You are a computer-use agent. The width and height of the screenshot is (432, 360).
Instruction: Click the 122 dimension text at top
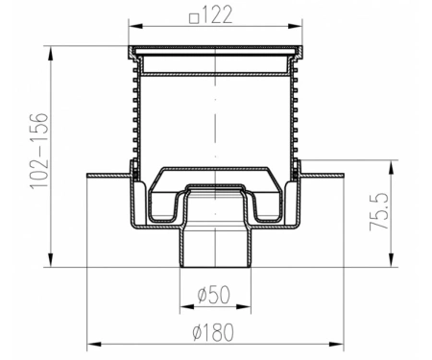click(217, 15)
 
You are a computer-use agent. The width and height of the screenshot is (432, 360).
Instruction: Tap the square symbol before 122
click(194, 18)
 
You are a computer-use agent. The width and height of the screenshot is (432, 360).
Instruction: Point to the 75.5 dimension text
click(379, 211)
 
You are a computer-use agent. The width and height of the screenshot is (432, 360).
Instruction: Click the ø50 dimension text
click(214, 295)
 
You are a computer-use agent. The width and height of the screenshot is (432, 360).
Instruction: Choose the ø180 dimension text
click(213, 332)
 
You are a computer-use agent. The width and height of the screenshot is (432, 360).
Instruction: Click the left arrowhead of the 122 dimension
click(136, 27)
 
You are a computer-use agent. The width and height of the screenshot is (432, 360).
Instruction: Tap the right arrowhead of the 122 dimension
click(295, 27)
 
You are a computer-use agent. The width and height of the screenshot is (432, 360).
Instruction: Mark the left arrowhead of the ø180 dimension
click(94, 345)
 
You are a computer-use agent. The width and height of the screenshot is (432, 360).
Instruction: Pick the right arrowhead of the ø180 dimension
click(336, 345)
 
